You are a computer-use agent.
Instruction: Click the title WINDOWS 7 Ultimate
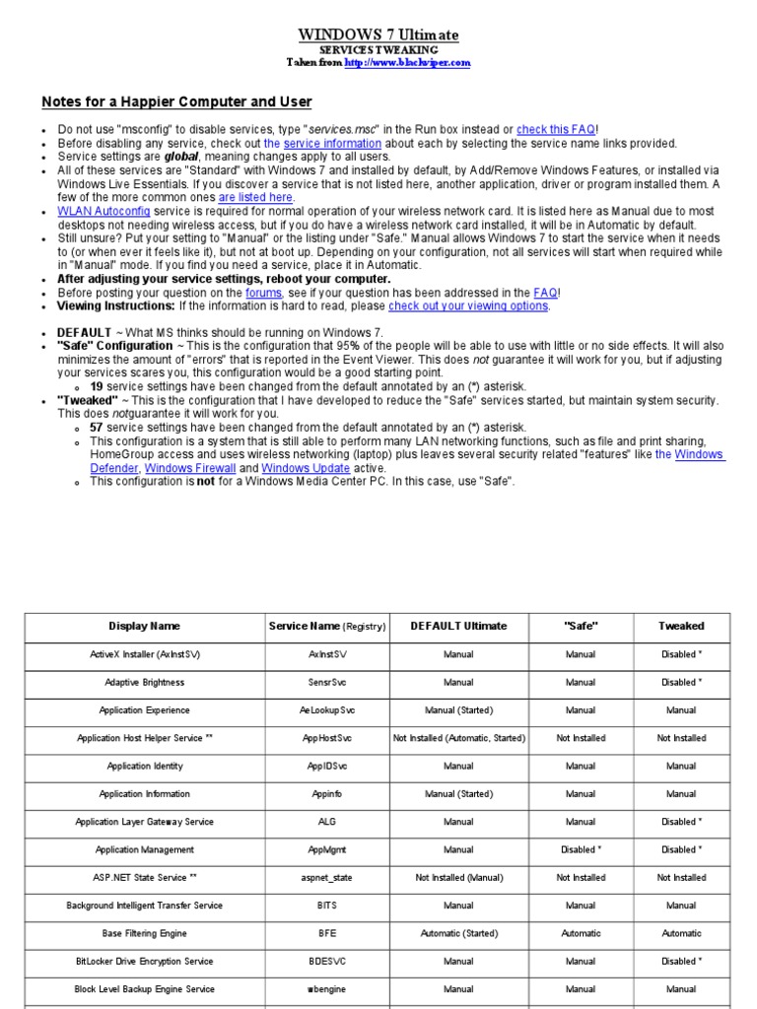pos(378,35)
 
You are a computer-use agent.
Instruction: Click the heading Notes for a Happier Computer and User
pos(176,101)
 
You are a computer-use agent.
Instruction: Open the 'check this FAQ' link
pos(556,129)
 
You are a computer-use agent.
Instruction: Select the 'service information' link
pos(332,143)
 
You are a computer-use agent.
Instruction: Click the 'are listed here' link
pos(255,197)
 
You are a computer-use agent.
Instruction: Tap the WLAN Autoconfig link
pos(103,211)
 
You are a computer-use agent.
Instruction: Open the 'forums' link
pos(263,293)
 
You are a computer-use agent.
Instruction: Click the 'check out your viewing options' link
pos(468,305)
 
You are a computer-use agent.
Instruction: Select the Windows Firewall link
pos(189,468)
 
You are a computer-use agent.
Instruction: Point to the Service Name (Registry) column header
pos(327,627)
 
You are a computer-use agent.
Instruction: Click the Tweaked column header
pos(681,627)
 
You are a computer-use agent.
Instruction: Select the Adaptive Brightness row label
pos(144,683)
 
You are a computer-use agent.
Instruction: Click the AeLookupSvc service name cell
pos(327,710)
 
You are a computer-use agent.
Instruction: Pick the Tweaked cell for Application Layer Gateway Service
pos(681,822)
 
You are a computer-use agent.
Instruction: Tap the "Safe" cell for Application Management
pos(581,849)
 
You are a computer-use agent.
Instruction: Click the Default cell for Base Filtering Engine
pos(458,933)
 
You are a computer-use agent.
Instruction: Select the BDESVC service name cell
pos(327,961)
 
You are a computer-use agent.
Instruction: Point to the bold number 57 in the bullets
pos(96,427)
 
